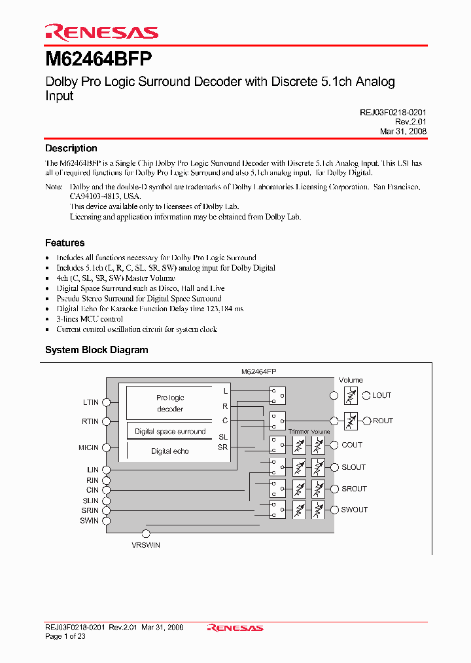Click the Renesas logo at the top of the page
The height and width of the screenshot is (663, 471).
[x=101, y=32]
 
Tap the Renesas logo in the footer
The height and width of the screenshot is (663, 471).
[x=235, y=628]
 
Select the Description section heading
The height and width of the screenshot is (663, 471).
[x=71, y=148]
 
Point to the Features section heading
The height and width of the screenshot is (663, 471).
[x=65, y=242]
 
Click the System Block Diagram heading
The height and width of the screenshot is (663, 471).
[x=97, y=350]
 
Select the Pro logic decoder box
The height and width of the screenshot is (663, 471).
[x=170, y=403]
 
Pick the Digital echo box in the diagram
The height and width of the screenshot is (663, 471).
[x=170, y=451]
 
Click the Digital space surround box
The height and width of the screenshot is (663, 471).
[x=170, y=431]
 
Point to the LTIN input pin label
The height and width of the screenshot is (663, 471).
[x=91, y=402]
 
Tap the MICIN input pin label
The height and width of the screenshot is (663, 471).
[x=88, y=448]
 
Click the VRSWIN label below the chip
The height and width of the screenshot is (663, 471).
[x=146, y=545]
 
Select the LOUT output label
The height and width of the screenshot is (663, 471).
[x=381, y=395]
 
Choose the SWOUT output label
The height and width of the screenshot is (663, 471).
[x=354, y=510]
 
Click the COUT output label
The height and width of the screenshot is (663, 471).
[x=351, y=445]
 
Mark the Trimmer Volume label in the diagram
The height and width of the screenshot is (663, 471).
[x=309, y=432]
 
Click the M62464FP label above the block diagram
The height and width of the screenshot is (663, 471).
[x=259, y=371]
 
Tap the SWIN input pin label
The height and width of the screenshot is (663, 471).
[x=90, y=521]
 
